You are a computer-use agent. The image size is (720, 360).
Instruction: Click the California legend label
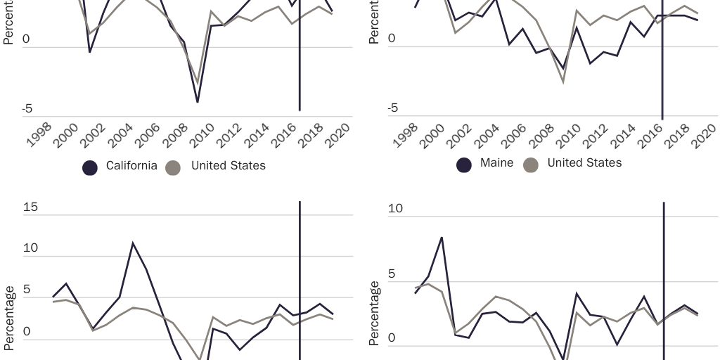[131, 166]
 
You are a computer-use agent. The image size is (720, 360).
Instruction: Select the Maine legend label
[496, 163]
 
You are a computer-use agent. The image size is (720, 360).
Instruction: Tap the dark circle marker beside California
[90, 167]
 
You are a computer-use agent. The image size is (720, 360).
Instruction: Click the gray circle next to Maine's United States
[532, 165]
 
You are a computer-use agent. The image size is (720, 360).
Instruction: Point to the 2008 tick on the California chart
[174, 134]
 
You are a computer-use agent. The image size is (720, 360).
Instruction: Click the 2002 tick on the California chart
[93, 134]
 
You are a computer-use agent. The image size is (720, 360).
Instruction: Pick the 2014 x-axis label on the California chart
[255, 134]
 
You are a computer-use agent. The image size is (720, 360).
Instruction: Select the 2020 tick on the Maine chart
[702, 134]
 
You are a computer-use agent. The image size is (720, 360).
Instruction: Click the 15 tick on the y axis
[30, 208]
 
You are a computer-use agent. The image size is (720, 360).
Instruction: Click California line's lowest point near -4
[198, 102]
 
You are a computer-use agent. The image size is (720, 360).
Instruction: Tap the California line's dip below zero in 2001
[89, 51]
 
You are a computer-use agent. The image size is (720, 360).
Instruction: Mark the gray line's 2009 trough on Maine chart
[563, 82]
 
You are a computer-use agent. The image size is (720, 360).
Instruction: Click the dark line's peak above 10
[133, 243]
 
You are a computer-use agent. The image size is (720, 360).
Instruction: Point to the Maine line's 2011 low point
[590, 63]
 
